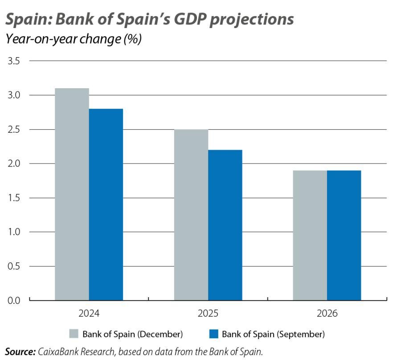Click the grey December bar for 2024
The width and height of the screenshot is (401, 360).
[x=72, y=194]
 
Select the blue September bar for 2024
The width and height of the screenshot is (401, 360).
[x=106, y=205]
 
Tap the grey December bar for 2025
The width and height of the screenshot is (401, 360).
[x=191, y=215]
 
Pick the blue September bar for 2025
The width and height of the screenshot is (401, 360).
[x=225, y=225]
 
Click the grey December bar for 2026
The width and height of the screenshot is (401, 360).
[x=310, y=235]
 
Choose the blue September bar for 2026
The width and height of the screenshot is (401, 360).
[x=344, y=235]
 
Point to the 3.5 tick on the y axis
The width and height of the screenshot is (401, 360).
[x=14, y=61]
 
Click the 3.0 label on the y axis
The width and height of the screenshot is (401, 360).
[x=14, y=95]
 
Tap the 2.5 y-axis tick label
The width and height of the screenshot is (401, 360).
[x=14, y=130]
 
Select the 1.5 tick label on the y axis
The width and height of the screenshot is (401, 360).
[x=14, y=198]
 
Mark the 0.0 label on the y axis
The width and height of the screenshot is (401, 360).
[x=14, y=300]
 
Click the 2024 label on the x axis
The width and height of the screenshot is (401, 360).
[x=89, y=314]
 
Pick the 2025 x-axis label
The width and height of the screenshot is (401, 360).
[x=208, y=314]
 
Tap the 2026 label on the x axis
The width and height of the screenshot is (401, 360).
[x=327, y=314]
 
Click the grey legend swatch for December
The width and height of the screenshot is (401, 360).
[x=74, y=334]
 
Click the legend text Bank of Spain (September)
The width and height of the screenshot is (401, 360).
[x=273, y=334]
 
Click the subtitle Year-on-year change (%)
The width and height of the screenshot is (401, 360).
[x=73, y=39]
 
